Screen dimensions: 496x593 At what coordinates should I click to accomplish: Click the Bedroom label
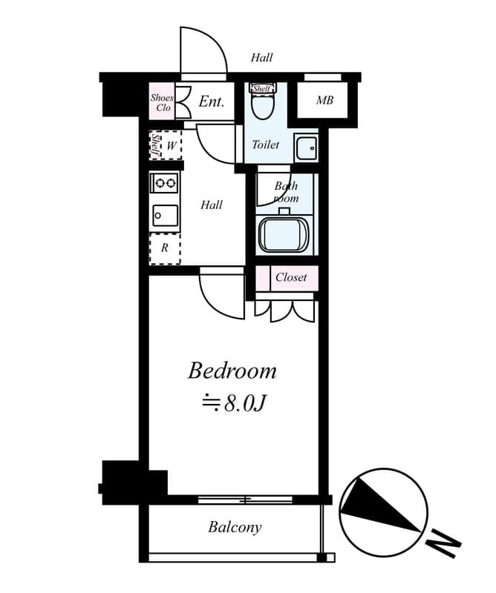[x=232, y=371]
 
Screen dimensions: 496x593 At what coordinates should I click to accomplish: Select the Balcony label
[x=235, y=527]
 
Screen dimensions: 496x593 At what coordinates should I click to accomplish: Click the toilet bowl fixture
[x=262, y=102]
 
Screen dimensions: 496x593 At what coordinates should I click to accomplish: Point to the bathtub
[x=284, y=235]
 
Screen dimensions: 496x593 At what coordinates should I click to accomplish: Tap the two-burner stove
[x=164, y=183]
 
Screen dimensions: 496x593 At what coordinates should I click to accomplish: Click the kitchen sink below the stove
[x=164, y=216]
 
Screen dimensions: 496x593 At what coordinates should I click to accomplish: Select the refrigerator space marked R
[x=164, y=248]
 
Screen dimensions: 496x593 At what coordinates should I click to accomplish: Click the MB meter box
[x=325, y=100]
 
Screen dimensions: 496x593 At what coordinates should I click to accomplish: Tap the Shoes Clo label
[x=162, y=102]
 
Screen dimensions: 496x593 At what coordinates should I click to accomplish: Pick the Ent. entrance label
[x=212, y=102]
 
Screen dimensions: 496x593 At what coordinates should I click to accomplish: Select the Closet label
[x=291, y=277]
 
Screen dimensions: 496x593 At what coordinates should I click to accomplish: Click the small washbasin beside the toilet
[x=306, y=148]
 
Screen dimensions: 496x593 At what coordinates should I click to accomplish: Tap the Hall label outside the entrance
[x=261, y=58]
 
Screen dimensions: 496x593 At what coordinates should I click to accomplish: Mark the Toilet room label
[x=266, y=144]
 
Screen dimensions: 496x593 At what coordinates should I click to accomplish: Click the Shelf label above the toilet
[x=262, y=88]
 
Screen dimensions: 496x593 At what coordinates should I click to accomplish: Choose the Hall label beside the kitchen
[x=212, y=205]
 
